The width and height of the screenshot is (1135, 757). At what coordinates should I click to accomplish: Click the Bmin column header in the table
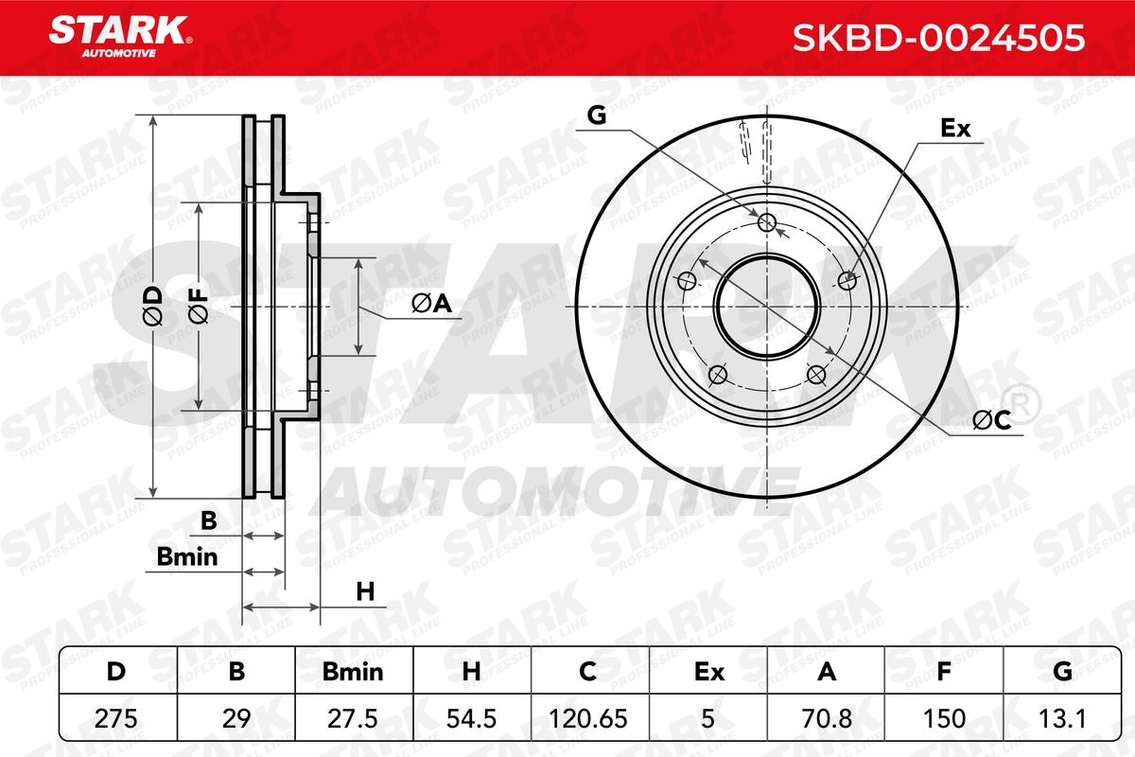[354, 672]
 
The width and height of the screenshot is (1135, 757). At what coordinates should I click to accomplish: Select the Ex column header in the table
[707, 672]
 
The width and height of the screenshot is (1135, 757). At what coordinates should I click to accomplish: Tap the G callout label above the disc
[596, 115]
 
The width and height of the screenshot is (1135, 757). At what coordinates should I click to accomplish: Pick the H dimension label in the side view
[365, 592]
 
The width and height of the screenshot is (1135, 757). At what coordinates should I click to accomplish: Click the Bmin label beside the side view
[187, 556]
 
